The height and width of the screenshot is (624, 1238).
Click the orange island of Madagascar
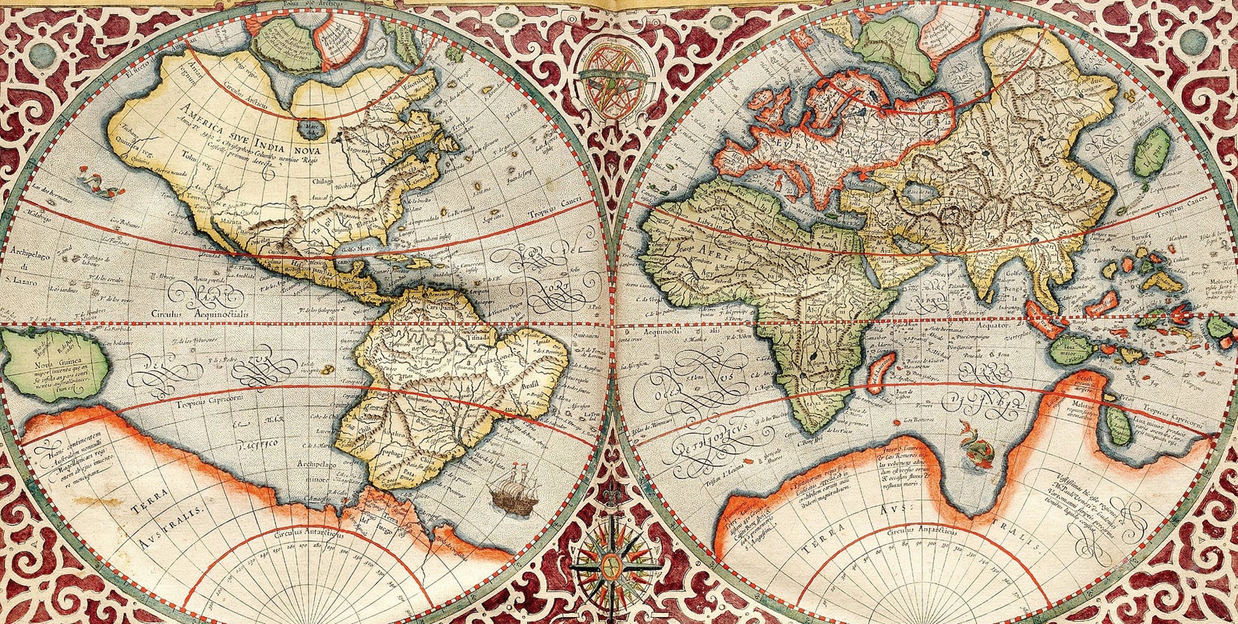point(881,372)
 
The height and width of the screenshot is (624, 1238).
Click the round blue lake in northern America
point(313,126)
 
